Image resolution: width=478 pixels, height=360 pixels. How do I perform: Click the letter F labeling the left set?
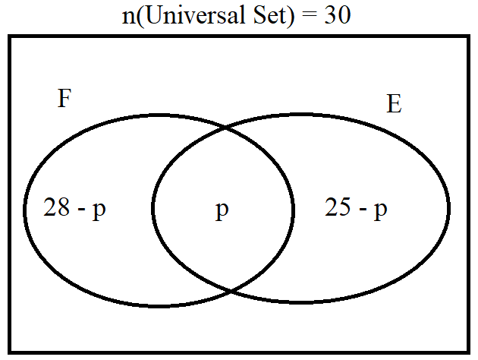64,98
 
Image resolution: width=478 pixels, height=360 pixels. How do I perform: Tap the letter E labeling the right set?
394,104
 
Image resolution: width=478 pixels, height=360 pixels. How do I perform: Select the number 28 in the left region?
56,207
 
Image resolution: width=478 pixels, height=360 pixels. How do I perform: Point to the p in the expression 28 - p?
99,210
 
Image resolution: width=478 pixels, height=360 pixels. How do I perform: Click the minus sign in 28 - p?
81,210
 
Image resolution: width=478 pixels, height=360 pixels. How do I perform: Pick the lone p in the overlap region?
222,210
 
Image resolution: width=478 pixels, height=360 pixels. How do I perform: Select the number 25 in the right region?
338,207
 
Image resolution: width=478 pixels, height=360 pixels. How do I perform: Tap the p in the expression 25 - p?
381,210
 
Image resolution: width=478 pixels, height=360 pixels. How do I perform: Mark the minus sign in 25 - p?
363,210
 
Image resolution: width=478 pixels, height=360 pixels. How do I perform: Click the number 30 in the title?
338,15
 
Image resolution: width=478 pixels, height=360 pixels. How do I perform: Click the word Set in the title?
269,15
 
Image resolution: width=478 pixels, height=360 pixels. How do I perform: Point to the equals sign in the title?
310,16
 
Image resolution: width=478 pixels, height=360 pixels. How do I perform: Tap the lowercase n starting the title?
128,17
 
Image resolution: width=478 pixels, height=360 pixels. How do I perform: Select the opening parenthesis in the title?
140,16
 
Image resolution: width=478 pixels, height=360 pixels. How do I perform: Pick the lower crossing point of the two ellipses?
231,291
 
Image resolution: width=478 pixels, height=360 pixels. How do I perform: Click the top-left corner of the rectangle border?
9,36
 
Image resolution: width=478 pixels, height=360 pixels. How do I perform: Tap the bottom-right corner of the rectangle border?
468,352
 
